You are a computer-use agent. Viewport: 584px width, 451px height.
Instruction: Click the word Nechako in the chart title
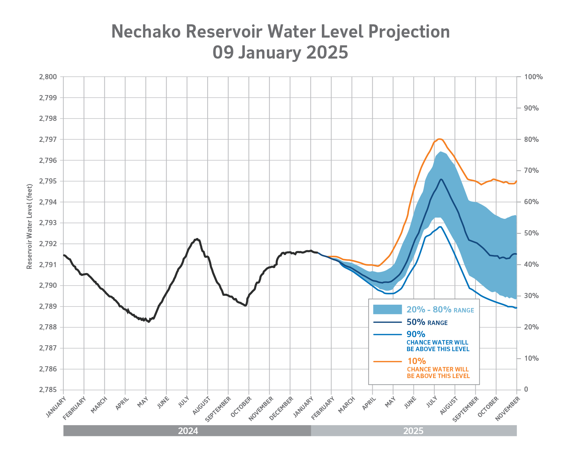point(146,32)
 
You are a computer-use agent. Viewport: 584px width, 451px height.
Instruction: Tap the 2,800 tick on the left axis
point(48,77)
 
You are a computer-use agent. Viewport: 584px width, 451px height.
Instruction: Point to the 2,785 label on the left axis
point(48,390)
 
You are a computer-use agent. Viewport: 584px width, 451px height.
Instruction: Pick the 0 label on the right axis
point(526,390)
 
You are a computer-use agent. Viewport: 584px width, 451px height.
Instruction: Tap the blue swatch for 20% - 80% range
point(387,310)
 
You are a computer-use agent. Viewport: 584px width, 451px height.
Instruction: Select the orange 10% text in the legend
point(416,361)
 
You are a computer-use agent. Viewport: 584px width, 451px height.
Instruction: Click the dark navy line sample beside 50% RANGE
point(387,322)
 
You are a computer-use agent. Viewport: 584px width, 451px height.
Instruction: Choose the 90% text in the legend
point(416,334)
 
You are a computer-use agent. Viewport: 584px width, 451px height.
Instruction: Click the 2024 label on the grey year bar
point(188,431)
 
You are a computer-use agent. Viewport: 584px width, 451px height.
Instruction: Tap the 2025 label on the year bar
point(413,431)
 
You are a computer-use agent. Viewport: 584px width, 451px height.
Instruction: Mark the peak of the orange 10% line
point(439,139)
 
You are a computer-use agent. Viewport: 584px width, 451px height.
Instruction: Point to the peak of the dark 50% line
point(441,179)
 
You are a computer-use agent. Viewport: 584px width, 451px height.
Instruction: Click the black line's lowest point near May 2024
point(149,322)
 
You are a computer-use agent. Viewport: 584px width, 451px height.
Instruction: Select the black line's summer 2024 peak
point(197,239)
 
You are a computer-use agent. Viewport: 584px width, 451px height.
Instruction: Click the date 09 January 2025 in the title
point(280,52)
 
